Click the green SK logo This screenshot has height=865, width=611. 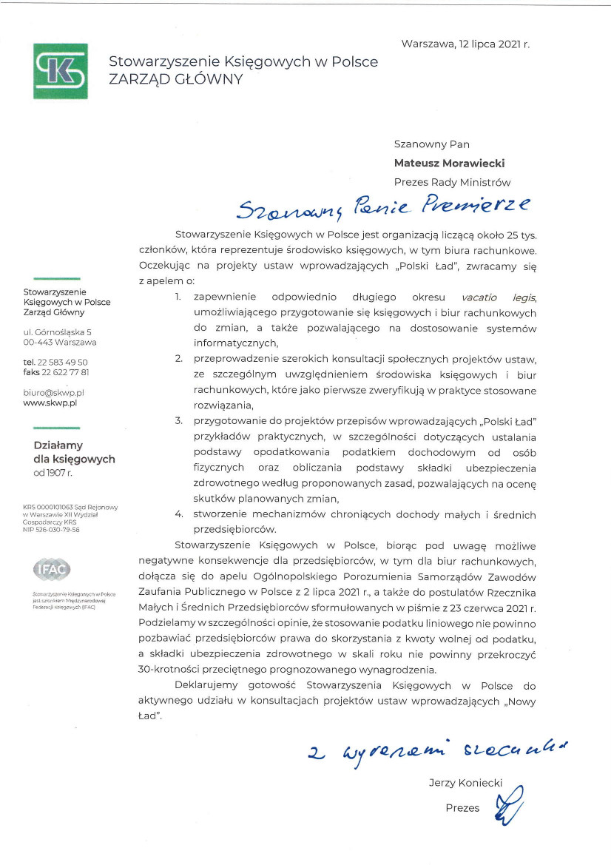(x=60, y=71)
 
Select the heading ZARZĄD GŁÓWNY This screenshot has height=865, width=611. (x=175, y=80)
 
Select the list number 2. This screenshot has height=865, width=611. (x=178, y=359)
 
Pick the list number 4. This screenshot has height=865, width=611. (x=178, y=514)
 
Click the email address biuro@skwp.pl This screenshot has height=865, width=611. (x=54, y=392)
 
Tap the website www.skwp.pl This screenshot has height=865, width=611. (x=50, y=403)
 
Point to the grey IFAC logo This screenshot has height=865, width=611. (x=52, y=569)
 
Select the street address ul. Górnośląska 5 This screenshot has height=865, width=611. (x=60, y=331)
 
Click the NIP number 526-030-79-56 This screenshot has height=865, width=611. (x=51, y=530)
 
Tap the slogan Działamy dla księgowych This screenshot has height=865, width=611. (x=74, y=452)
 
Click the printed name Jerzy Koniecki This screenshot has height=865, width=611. (x=465, y=783)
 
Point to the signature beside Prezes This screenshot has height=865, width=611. (x=510, y=807)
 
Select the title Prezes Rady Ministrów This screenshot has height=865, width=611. (x=451, y=182)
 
